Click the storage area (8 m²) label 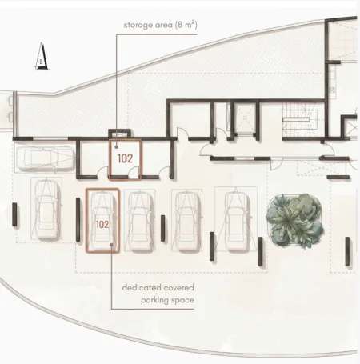(x=160, y=25)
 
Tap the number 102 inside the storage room (x=125, y=158)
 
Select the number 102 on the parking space (x=102, y=225)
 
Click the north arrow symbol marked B (x=42, y=56)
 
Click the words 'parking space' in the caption (x=167, y=300)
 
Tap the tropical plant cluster (x=295, y=220)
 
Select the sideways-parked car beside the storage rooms (x=45, y=158)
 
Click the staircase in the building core (x=296, y=120)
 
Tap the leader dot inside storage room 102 (x=117, y=147)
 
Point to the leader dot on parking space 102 (x=111, y=245)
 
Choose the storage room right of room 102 (x=156, y=158)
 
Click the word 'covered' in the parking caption (x=179, y=288)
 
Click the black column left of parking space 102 (x=78, y=219)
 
